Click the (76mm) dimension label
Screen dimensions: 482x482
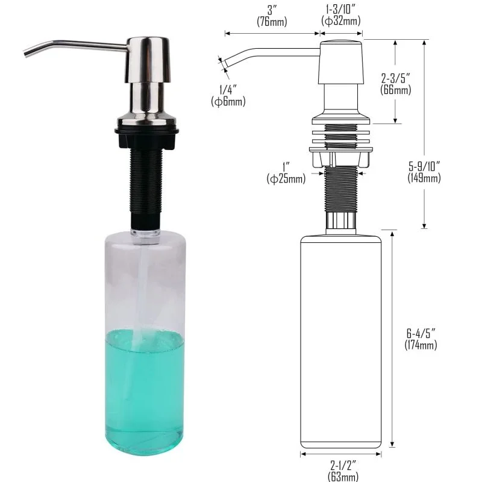coord(272,22)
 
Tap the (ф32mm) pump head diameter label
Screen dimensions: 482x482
coord(341,21)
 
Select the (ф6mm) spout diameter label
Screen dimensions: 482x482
coord(228,101)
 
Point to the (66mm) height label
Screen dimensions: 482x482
coord(396,90)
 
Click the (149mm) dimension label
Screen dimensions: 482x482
coord(424,178)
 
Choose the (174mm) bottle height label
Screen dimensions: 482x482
coord(421,345)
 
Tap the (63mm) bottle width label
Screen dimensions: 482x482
coord(343,476)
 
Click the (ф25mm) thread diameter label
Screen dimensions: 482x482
coord(286,178)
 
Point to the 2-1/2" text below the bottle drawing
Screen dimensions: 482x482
coord(343,465)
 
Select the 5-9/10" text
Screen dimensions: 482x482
coord(424,166)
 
